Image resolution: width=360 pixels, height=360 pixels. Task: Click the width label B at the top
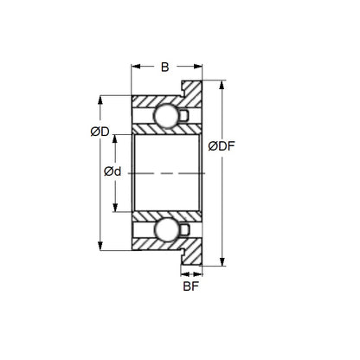point(166,67)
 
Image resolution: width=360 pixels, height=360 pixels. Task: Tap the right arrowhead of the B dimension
point(201,67)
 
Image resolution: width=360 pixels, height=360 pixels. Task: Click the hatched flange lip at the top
point(195,89)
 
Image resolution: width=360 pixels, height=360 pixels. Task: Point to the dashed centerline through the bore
point(164,173)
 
